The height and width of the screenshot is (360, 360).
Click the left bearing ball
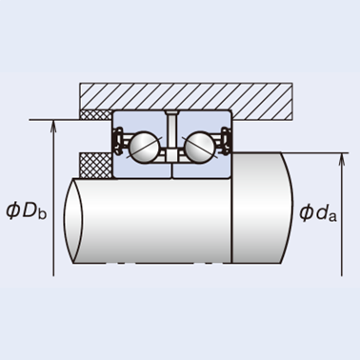144,148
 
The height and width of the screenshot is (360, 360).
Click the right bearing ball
200,148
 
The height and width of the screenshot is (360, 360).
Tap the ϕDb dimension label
27,210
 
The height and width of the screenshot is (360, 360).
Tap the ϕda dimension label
318,212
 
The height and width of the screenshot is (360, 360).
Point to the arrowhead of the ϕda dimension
342,158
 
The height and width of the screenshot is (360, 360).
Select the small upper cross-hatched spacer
95,114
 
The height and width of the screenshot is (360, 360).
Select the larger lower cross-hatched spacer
95,165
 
